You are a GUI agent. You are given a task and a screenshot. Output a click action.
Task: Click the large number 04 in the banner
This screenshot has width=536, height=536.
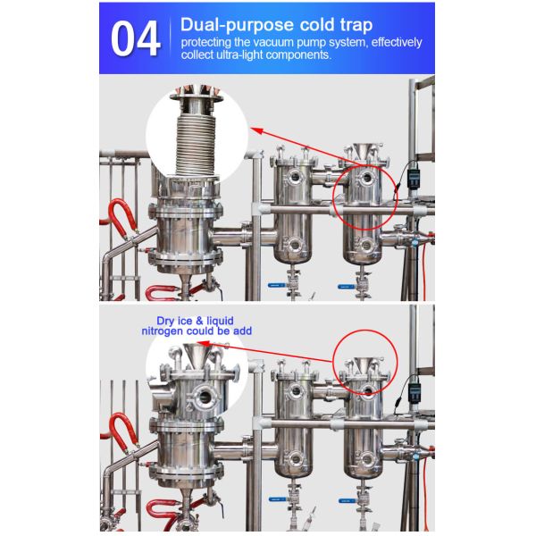(136, 38)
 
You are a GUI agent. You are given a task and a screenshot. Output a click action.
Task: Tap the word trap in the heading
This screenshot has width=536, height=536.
(356, 25)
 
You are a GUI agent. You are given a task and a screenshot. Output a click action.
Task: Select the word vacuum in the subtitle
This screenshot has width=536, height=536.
(272, 42)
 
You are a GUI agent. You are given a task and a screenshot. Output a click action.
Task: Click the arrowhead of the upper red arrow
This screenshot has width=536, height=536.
(257, 130)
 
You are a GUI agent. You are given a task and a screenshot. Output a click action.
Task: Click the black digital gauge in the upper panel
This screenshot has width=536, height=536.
(414, 175)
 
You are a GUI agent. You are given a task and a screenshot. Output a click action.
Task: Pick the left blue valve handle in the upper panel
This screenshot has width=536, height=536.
(276, 285)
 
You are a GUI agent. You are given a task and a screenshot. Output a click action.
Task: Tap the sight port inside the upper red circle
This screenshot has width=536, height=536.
(367, 178)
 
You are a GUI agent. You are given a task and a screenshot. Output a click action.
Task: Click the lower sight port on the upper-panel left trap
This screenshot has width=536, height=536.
(295, 245)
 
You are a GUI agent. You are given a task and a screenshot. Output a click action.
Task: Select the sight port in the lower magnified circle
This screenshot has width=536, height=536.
(205, 398)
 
